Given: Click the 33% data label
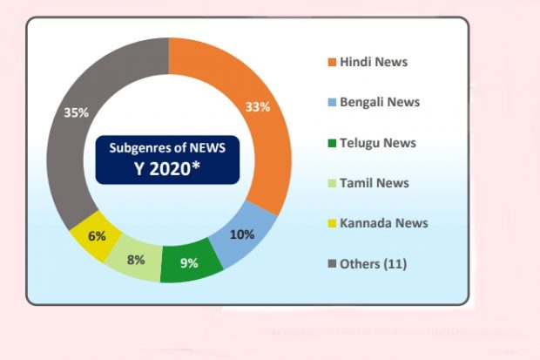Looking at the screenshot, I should (258, 107).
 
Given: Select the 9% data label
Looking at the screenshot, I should (189, 262).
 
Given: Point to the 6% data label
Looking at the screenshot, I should (97, 235).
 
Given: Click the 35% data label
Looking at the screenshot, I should (75, 112).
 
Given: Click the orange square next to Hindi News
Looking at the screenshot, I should (332, 62).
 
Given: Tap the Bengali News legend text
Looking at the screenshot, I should (380, 102).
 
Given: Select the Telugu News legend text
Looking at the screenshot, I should (378, 142).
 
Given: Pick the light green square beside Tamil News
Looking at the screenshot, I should (332, 183).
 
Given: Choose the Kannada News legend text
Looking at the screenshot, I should (383, 222).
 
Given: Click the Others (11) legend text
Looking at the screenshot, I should (374, 263).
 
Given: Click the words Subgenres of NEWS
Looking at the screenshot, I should (167, 147).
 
